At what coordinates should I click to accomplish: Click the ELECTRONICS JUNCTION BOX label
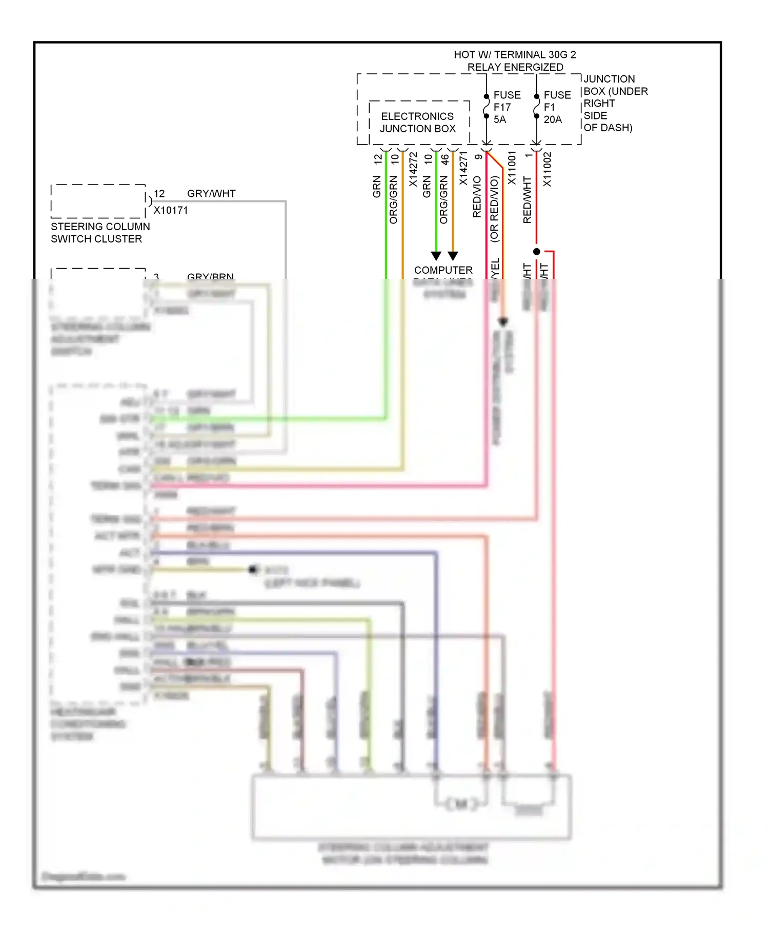pyautogui.click(x=417, y=123)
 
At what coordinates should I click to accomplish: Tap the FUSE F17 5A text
pyautogui.click(x=507, y=107)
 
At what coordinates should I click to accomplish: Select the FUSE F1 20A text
pyautogui.click(x=556, y=107)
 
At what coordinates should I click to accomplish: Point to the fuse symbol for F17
pyautogui.click(x=486, y=107)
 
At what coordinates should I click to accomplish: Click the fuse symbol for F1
pyautogui.click(x=536, y=107)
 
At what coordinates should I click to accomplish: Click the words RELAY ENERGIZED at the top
pyautogui.click(x=515, y=67)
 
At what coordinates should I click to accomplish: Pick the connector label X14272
pyautogui.click(x=413, y=169)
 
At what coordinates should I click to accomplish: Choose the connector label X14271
pyautogui.click(x=463, y=169)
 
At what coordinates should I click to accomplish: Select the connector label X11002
pyautogui.click(x=548, y=169)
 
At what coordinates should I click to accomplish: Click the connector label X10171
pyautogui.click(x=171, y=210)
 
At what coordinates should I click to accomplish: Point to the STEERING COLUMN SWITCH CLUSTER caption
pyautogui.click(x=100, y=233)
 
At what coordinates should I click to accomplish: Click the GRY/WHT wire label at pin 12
pyautogui.click(x=211, y=194)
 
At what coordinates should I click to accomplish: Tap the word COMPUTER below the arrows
pyautogui.click(x=443, y=270)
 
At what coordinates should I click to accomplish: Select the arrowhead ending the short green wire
pyautogui.click(x=436, y=256)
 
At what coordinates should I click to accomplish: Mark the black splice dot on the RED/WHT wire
pyautogui.click(x=536, y=252)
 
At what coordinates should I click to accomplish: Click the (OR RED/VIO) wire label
pyautogui.click(x=494, y=209)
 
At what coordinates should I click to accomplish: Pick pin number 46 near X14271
pyautogui.click(x=446, y=159)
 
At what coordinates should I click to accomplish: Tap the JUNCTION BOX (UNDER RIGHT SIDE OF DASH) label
pyautogui.click(x=615, y=103)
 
